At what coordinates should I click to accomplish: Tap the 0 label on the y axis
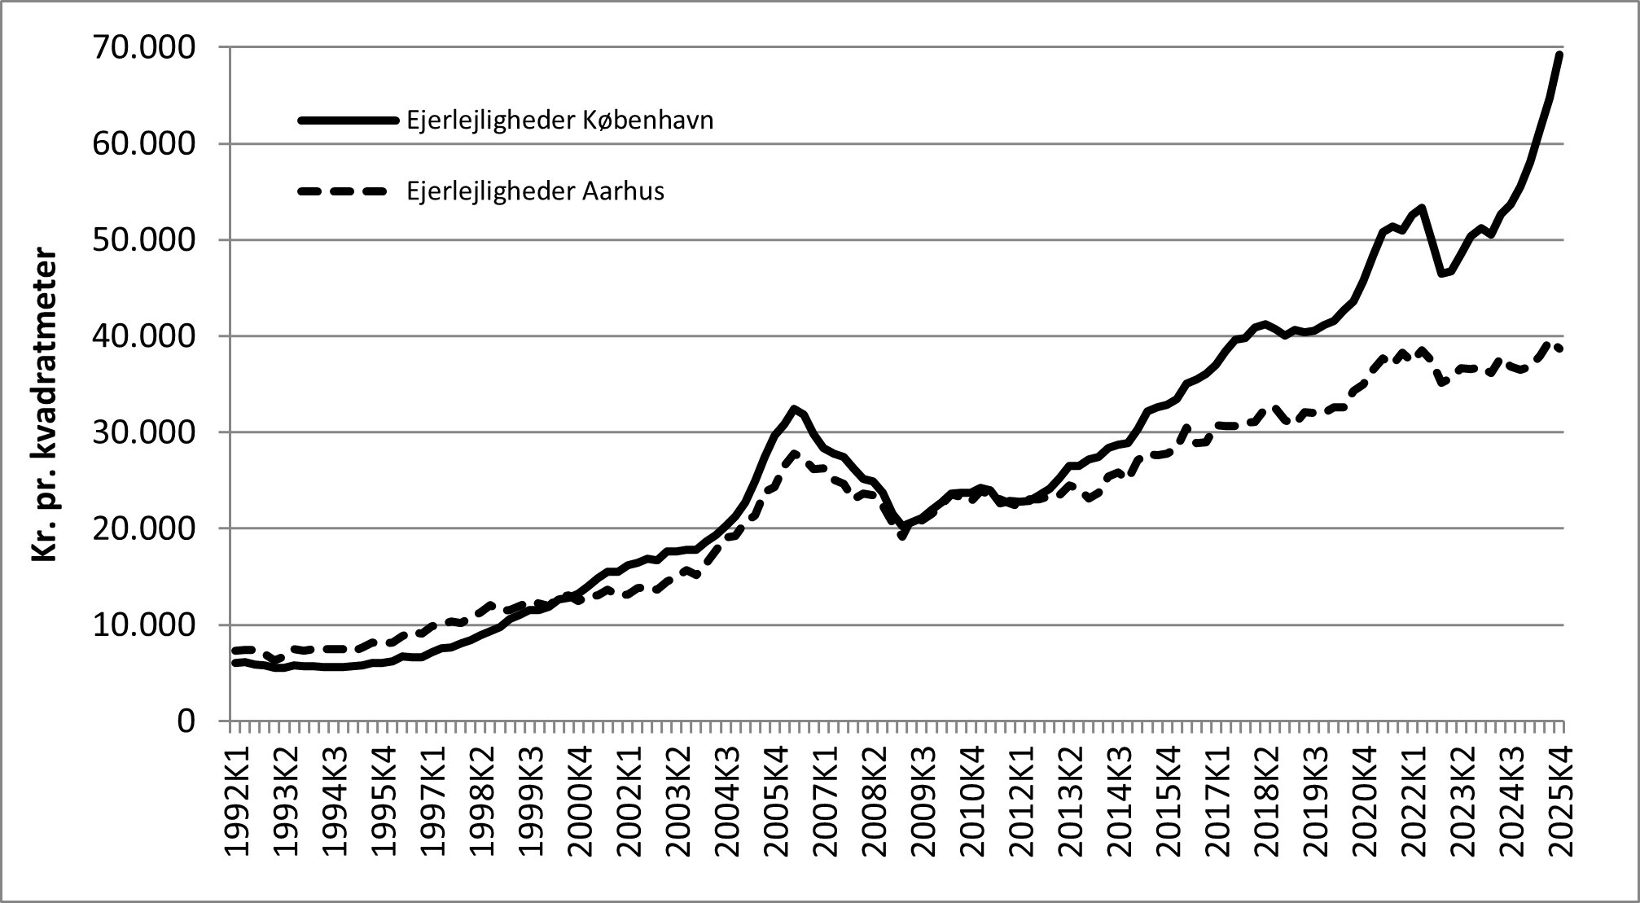click(186, 721)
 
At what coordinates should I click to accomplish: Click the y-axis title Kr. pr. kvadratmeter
click(45, 405)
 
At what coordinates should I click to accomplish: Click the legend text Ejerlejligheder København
click(559, 121)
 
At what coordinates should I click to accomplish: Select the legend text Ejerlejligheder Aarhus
click(535, 191)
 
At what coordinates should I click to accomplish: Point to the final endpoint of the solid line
click(1559, 55)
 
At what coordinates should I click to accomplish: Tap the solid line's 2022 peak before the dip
click(1421, 208)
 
